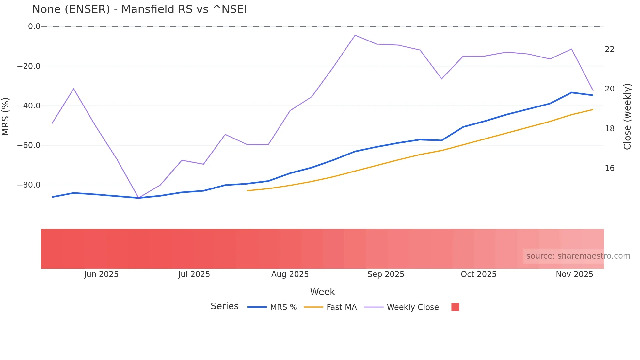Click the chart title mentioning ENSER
[x=139, y=9]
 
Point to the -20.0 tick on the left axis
[x=29, y=66]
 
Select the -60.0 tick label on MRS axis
[x=29, y=145]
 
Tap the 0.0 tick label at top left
[x=34, y=26]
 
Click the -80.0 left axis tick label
[x=29, y=185]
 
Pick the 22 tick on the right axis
[x=609, y=49]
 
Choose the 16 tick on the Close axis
[x=609, y=168]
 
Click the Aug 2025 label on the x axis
[x=290, y=274]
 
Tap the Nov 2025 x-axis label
[x=574, y=274]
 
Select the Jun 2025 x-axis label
[x=101, y=274]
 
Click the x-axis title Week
[x=322, y=292]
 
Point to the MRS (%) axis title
[x=6, y=116]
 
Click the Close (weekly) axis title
[x=627, y=117]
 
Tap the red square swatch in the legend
[x=455, y=307]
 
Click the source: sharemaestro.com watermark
[x=578, y=256]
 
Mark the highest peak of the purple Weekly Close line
[x=355, y=35]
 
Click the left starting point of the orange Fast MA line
[x=248, y=191]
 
